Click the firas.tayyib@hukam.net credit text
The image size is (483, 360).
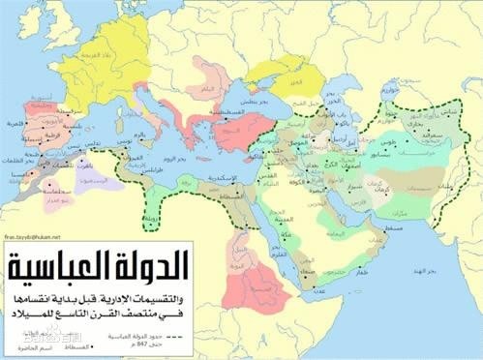click(x=35, y=236)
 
